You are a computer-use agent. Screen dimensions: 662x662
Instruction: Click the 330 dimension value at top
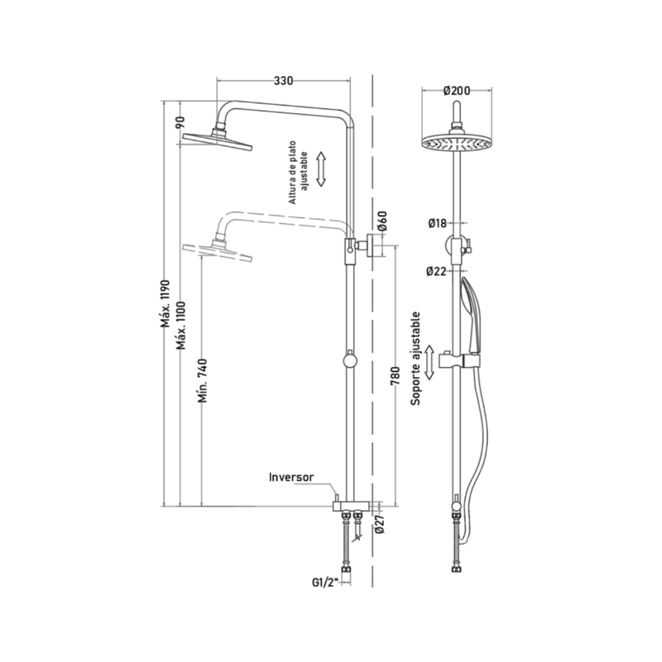pyautogui.click(x=283, y=81)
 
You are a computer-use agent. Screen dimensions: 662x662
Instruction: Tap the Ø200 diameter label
pyautogui.click(x=457, y=91)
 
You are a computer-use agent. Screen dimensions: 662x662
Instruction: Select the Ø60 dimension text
pyautogui.click(x=382, y=221)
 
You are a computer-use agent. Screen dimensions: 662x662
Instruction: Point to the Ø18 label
pyautogui.click(x=437, y=223)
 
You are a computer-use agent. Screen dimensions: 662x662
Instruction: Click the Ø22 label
pyautogui.click(x=436, y=271)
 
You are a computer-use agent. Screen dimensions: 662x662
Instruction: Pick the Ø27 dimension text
pyautogui.click(x=379, y=523)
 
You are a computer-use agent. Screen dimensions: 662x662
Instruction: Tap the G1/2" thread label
pyautogui.click(x=325, y=583)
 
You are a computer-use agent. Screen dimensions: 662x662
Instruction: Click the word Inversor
pyautogui.click(x=291, y=477)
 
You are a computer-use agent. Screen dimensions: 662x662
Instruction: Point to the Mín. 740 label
pyautogui.click(x=203, y=381)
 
